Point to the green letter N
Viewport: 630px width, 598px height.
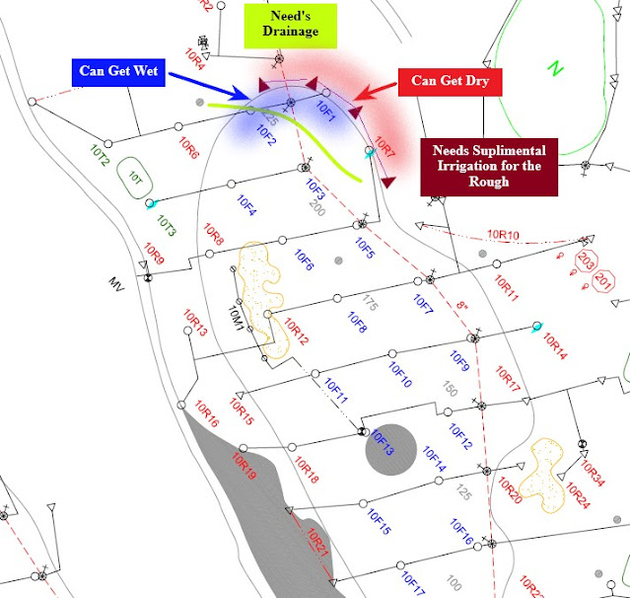(x=554, y=68)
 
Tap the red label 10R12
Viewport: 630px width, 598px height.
(x=296, y=331)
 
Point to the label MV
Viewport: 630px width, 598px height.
(x=118, y=283)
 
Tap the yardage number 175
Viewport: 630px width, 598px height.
(x=370, y=300)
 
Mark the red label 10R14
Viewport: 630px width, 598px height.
(x=554, y=346)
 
